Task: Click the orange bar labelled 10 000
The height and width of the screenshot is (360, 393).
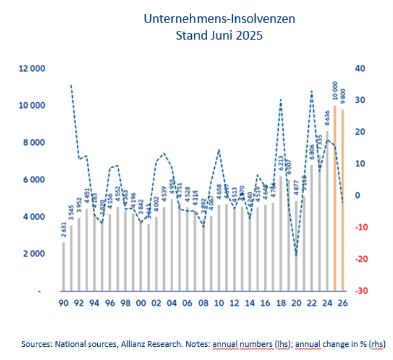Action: pyautogui.click(x=335, y=198)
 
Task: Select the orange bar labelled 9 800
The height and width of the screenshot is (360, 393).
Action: pyautogui.click(x=343, y=200)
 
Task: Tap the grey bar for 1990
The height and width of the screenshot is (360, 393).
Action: pyautogui.click(x=63, y=266)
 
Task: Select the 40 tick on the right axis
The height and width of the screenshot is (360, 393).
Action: pyautogui.click(x=360, y=68)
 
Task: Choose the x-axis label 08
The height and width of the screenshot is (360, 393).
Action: pyautogui.click(x=203, y=303)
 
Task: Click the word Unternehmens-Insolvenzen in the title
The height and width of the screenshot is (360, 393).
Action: pyautogui.click(x=219, y=19)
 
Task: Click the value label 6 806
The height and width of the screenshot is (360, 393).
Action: pyautogui.click(x=312, y=152)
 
